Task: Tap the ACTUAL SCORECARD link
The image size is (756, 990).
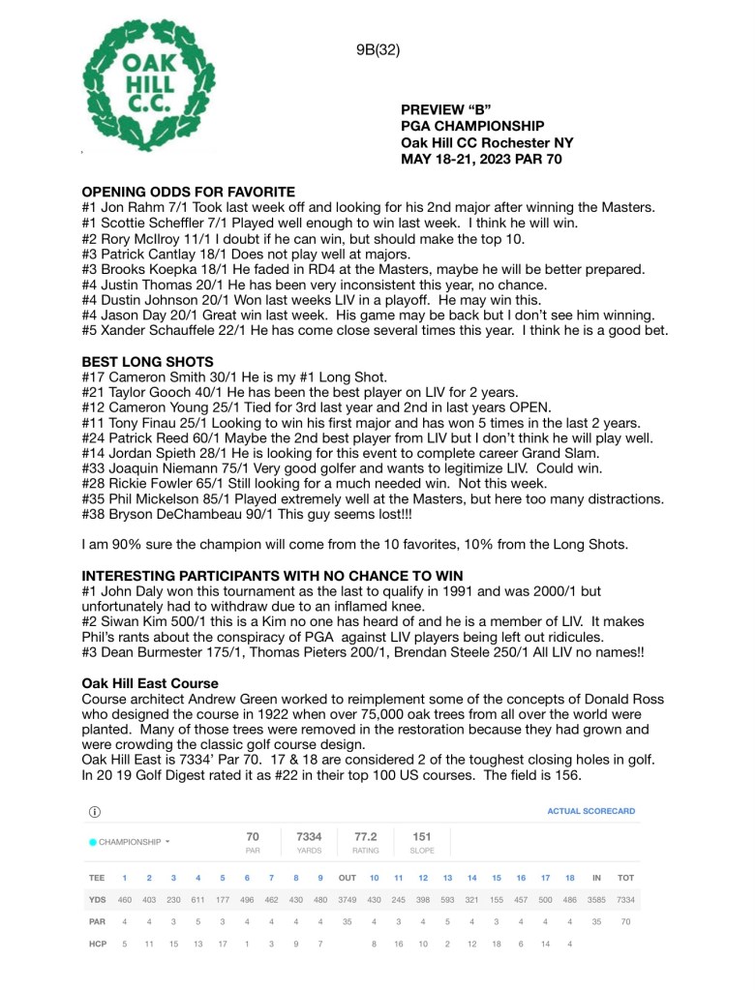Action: (x=590, y=811)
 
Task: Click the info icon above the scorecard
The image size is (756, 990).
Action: (x=95, y=811)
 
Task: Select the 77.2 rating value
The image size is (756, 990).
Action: (x=366, y=836)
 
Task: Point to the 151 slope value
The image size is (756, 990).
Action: (x=422, y=836)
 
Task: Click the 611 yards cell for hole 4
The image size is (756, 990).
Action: (x=197, y=900)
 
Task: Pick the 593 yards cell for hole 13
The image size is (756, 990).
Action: (x=447, y=900)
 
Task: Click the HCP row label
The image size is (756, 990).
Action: (x=97, y=944)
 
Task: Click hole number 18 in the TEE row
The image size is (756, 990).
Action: (x=570, y=879)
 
